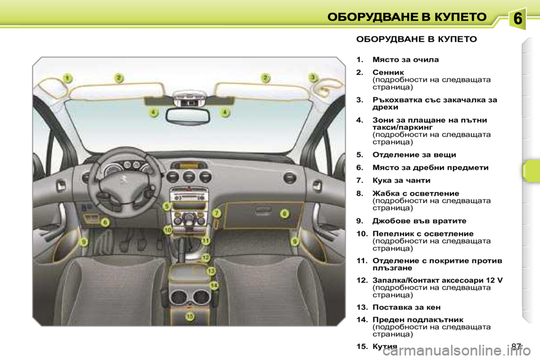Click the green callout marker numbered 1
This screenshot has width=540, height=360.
click(67, 78)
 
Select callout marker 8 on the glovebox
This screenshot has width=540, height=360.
click(285, 213)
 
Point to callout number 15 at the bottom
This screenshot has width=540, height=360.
click(190, 317)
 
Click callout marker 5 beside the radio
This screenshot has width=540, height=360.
click(166, 206)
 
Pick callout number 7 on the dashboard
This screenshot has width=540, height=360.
click(216, 213)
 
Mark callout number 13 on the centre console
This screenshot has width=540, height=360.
click(211, 271)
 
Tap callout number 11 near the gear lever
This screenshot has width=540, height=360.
click(205, 240)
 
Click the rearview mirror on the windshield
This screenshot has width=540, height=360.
click(190, 115)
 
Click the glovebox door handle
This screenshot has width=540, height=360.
click(262, 213)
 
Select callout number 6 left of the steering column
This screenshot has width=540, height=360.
click(105, 222)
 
